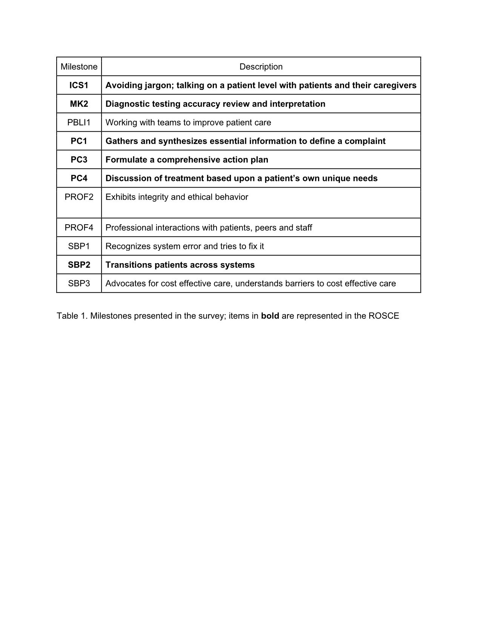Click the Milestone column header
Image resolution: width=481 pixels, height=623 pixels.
pos(79,67)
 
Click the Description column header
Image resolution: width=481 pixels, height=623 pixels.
pos(261,67)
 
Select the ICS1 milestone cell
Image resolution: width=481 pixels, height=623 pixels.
pos(79,85)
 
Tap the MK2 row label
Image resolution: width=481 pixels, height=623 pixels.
pos(79,104)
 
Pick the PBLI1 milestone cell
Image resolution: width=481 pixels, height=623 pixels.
pos(79,122)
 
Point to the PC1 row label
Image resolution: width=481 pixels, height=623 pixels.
pos(79,141)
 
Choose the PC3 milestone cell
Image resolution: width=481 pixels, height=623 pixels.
pos(79,160)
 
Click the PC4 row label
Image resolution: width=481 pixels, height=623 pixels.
pos(79,178)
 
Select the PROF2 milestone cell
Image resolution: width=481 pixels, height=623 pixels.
pos(79,197)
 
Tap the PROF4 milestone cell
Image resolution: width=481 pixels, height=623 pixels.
pos(79,228)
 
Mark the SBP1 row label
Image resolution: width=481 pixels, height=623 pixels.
pos(79,246)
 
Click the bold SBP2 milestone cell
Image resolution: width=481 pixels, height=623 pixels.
pos(79,265)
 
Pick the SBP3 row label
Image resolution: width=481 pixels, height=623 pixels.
pos(79,284)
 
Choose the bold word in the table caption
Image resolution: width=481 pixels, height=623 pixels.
pos(270,316)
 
